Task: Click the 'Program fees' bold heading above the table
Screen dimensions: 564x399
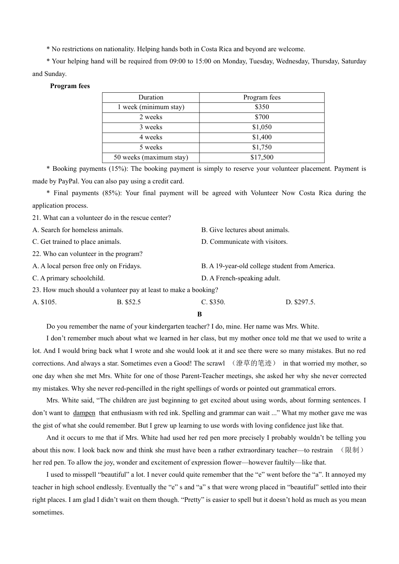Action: (70, 86)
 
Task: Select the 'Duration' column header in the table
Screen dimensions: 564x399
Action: (151, 97)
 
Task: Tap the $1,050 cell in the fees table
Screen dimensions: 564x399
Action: (262, 127)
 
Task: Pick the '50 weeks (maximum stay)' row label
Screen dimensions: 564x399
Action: (151, 157)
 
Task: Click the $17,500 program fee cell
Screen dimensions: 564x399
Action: (262, 157)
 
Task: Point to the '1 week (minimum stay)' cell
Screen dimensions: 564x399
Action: (151, 107)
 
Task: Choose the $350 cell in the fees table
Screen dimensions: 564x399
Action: (262, 107)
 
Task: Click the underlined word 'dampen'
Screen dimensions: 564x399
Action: (84, 413)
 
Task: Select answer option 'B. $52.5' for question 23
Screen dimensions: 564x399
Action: (129, 302)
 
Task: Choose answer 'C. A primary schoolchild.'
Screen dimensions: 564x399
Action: (68, 278)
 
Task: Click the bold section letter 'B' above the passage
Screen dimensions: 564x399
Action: (199, 314)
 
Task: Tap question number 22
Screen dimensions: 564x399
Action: (37, 254)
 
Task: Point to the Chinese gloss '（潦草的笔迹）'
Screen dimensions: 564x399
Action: (254, 363)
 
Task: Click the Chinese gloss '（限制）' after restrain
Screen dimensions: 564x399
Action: (352, 450)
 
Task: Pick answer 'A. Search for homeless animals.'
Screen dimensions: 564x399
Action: (78, 230)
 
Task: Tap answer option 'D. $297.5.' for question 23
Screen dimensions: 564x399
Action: (300, 302)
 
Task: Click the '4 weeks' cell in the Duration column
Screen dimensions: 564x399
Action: (151, 137)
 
